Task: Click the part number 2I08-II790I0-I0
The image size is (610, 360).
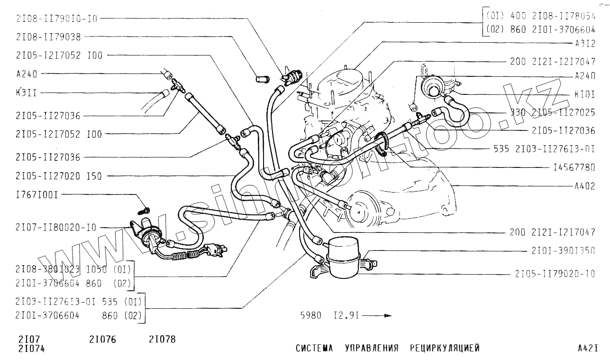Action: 56,19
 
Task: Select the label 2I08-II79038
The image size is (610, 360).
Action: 48,37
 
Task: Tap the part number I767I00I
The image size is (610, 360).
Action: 37,194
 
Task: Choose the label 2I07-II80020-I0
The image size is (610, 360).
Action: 56,227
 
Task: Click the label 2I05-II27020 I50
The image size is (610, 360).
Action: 59,176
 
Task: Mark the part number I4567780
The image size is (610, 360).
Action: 574,167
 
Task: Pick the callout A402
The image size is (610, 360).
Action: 584,186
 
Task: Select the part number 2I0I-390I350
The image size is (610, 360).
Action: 563,251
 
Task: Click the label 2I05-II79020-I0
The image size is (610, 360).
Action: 555,274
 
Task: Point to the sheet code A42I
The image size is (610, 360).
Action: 588,348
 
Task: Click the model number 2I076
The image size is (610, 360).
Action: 102,340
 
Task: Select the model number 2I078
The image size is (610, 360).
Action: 162,340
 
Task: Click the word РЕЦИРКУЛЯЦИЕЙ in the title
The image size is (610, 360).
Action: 445,348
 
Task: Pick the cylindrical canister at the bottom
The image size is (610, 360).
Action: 345,258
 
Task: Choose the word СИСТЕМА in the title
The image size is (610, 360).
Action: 314,348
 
